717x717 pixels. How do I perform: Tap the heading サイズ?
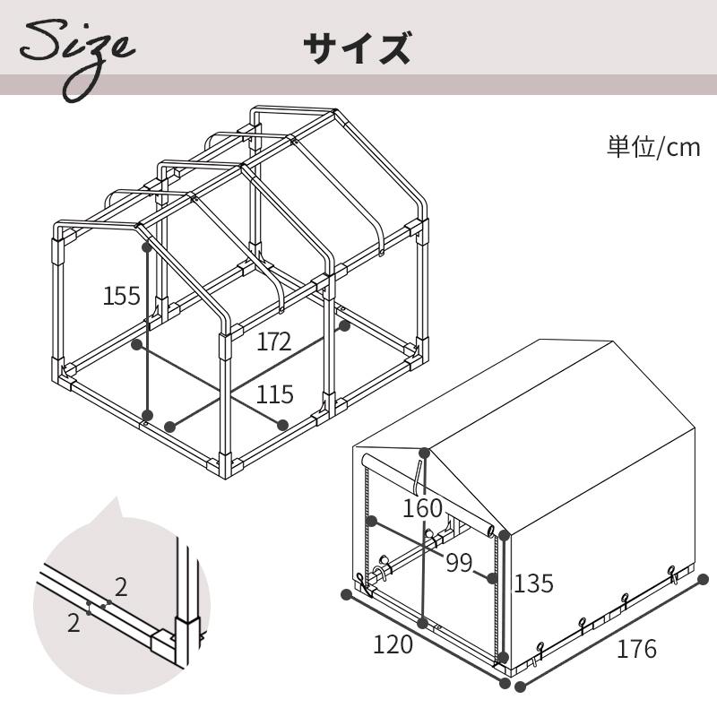coord(357,48)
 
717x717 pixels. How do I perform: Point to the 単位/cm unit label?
coord(653,147)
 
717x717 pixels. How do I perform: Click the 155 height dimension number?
coord(122,296)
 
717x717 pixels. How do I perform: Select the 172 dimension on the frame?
coord(273,341)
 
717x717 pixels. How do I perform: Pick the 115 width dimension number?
coord(274,394)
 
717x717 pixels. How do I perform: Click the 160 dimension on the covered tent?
coord(423,508)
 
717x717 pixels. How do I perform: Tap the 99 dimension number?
coord(459,563)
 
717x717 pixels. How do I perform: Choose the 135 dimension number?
coord(533,583)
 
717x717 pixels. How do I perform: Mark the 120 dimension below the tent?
coord(393,644)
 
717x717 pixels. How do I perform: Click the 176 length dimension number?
coord(636,648)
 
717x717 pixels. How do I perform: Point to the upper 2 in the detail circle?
coord(121,587)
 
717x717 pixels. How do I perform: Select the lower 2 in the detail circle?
coord(73,622)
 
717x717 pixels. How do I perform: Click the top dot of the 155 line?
coord(147,247)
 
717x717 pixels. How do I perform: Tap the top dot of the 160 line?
coord(424,454)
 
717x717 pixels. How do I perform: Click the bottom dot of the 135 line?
coord(503,658)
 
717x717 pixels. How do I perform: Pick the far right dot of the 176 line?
coord(703,580)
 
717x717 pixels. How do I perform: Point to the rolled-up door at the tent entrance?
coord(428,494)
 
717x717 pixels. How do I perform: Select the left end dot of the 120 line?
coord(347,594)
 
